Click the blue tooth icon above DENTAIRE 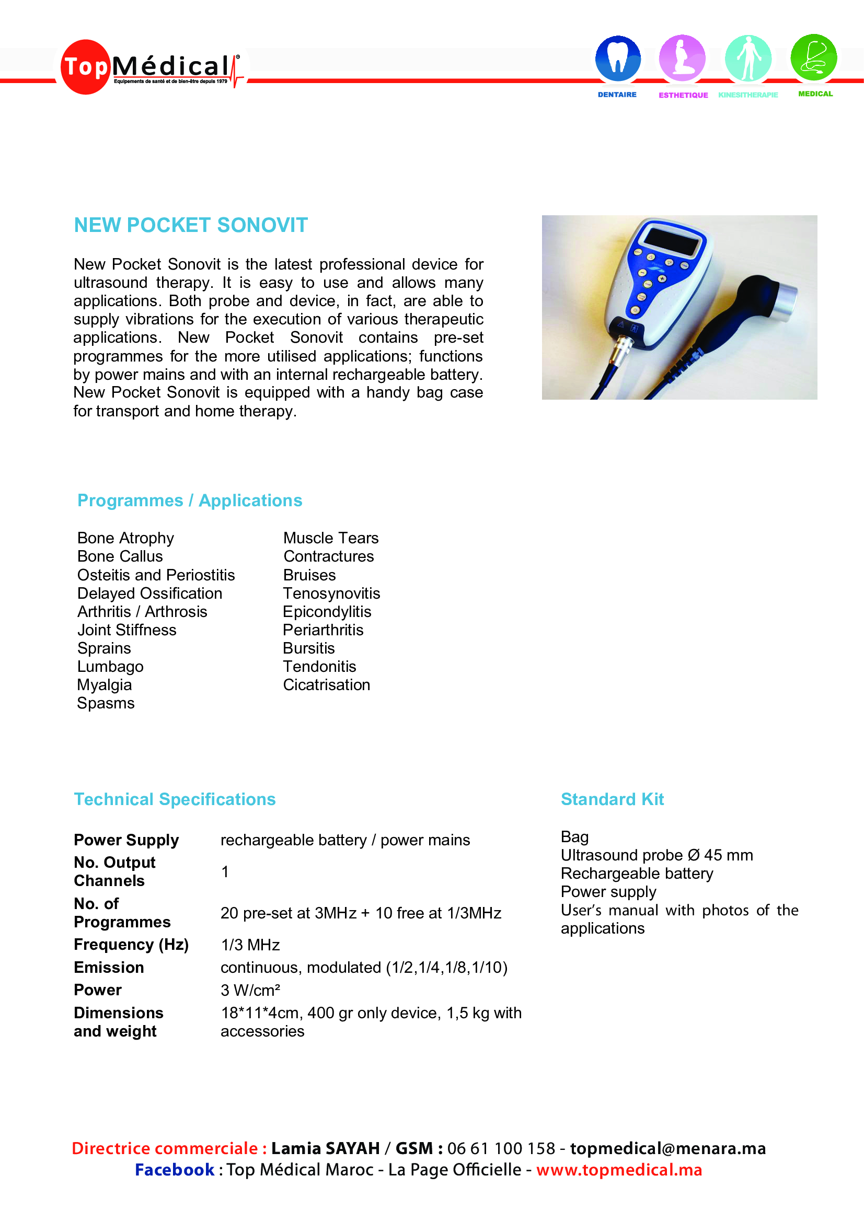tap(617, 58)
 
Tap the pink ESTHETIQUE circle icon tap(682, 58)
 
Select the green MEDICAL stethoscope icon tap(813, 57)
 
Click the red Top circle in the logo tap(85, 67)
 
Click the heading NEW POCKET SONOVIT tap(191, 225)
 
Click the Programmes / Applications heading tap(190, 501)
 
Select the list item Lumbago tap(110, 666)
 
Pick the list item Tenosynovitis tap(331, 593)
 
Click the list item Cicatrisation tap(326, 685)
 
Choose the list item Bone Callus tap(120, 556)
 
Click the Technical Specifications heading tap(175, 799)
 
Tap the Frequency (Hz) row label tap(131, 945)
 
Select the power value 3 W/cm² tap(250, 990)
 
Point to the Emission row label tap(109, 968)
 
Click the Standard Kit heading tap(612, 799)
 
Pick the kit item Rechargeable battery tap(637, 874)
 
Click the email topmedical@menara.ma tap(667, 1148)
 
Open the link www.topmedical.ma tap(619, 1170)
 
